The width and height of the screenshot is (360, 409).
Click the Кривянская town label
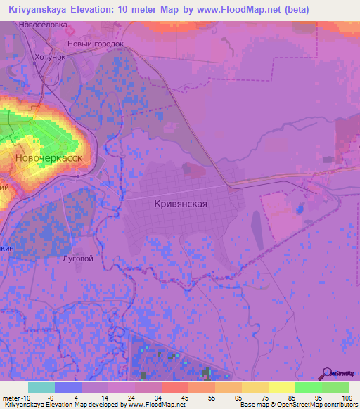[179, 203]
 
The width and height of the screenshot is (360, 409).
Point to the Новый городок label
[95, 44]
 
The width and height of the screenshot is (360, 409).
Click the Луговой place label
[78, 258]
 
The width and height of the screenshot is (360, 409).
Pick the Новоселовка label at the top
[63, 25]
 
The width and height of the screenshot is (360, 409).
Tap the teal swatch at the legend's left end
[41, 387]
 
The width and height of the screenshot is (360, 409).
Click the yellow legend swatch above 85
[281, 387]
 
